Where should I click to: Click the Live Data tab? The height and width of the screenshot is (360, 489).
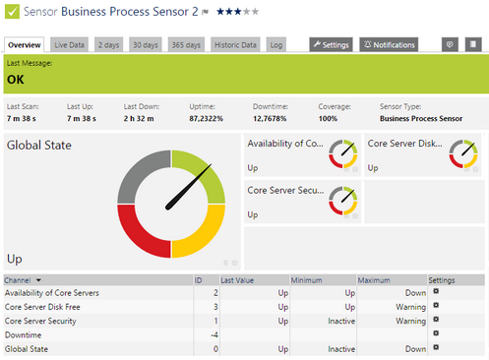[x=70, y=44]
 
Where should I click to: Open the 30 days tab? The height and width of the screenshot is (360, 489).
[x=145, y=44]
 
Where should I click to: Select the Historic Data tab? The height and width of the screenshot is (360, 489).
[x=236, y=44]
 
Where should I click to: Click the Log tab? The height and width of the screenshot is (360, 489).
[x=276, y=44]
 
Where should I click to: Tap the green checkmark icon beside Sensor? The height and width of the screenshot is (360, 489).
[x=12, y=12]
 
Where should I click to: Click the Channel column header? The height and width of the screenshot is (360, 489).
[x=24, y=280]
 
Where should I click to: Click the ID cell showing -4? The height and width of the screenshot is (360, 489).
[x=214, y=334]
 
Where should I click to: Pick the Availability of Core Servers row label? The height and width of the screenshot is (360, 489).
[x=51, y=293]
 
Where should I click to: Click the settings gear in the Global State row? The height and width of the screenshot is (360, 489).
[x=436, y=347]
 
